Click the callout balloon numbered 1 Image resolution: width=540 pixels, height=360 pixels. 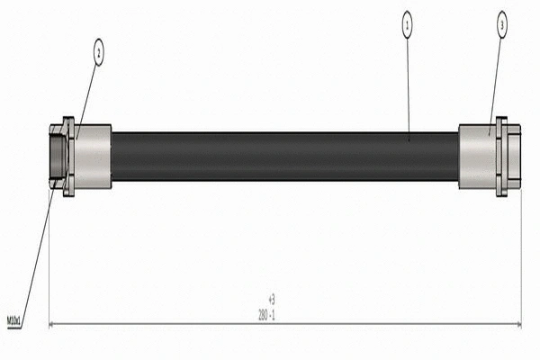[x=407, y=27]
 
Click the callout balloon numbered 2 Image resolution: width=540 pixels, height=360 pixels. [x=99, y=53]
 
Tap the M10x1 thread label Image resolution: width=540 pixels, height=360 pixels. [x=14, y=319]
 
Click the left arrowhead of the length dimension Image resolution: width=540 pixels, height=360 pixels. [x=52, y=323]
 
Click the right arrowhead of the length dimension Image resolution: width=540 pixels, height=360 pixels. [x=517, y=323]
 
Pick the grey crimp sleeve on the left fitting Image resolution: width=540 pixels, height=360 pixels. [x=93, y=157]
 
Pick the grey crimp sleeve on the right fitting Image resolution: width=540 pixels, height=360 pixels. [x=476, y=157]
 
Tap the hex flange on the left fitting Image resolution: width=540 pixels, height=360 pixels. [x=69, y=157]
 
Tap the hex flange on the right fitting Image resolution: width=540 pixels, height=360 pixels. [x=501, y=157]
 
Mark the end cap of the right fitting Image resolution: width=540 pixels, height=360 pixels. [x=514, y=157]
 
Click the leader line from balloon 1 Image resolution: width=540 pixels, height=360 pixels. [x=408, y=85]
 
